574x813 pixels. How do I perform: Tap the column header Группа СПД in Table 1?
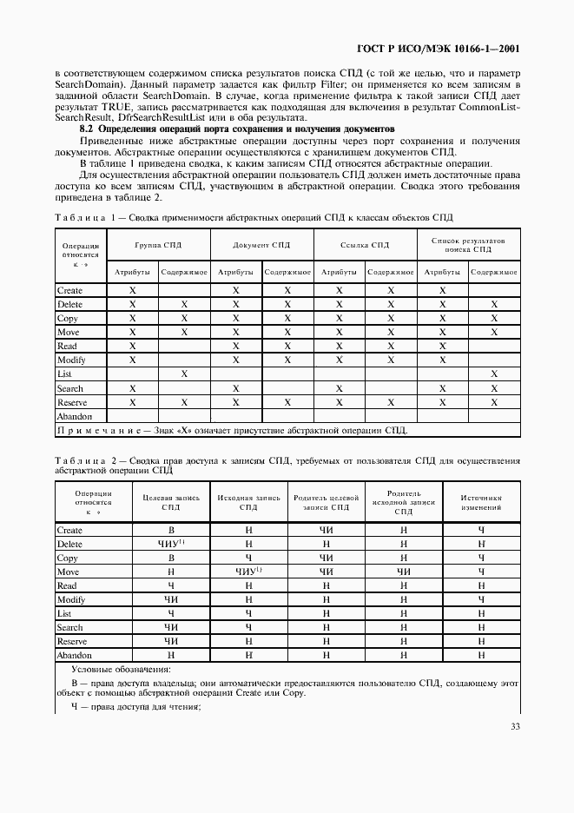click(x=159, y=245)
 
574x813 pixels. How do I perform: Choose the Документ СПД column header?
click(x=261, y=245)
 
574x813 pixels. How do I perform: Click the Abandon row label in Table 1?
click(x=75, y=416)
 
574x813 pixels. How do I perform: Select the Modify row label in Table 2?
click(x=71, y=599)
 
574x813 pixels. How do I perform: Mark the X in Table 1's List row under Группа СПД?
click(x=184, y=373)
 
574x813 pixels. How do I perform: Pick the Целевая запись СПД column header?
click(x=171, y=502)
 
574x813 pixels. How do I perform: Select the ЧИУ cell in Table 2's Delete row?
click(x=169, y=544)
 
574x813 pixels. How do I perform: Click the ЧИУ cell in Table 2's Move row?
click(x=247, y=572)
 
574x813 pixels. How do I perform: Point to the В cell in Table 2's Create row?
click(x=171, y=530)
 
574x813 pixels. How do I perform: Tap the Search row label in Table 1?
click(x=70, y=388)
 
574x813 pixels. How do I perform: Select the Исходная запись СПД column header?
click(x=248, y=502)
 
